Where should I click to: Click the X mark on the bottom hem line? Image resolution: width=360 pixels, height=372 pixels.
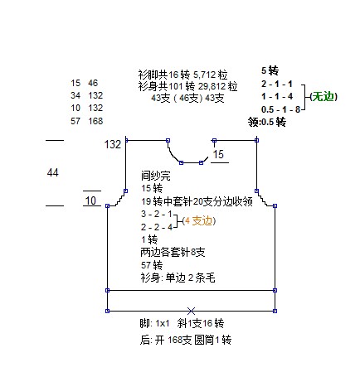[x=191, y=311]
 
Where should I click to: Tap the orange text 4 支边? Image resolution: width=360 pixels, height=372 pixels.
[x=199, y=220]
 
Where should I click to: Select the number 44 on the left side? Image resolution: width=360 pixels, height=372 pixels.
[x=53, y=172]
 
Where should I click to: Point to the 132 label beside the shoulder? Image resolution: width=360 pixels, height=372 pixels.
[x=113, y=144]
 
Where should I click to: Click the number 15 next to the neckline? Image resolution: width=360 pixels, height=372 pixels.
[x=218, y=154]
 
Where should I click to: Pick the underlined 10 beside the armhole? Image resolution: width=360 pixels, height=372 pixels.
[x=90, y=200]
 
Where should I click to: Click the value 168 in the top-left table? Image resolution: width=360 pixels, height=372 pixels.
[x=95, y=121]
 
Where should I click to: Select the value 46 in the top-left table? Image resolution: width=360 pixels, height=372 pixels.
[x=93, y=83]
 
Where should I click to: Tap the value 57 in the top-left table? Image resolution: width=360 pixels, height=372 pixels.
[x=75, y=121]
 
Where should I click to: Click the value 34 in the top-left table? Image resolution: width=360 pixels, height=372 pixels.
[x=75, y=95]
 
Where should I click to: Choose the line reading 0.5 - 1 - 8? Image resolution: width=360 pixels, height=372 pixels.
[x=280, y=109]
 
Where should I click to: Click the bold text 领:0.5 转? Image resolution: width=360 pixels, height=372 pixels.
[x=267, y=122]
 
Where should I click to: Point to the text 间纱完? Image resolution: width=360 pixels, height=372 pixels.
[x=156, y=176]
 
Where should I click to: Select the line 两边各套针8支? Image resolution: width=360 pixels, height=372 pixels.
[x=173, y=252]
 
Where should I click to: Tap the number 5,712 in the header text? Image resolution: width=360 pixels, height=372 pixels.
[x=204, y=75]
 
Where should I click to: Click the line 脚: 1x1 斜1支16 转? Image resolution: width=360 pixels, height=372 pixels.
[x=182, y=323]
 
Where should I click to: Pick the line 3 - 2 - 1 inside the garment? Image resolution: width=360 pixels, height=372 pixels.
[x=157, y=214]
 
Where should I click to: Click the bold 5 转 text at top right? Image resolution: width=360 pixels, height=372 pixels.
[x=270, y=70]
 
